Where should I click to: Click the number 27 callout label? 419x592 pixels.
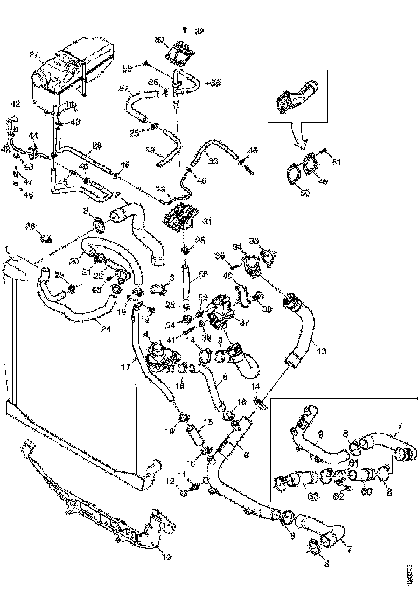pos(34,54)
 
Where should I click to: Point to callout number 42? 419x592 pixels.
pos(16,104)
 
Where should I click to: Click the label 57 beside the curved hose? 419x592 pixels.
pos(123,88)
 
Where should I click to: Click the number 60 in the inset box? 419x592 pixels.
pos(366,491)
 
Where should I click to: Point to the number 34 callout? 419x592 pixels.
pos(236,246)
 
